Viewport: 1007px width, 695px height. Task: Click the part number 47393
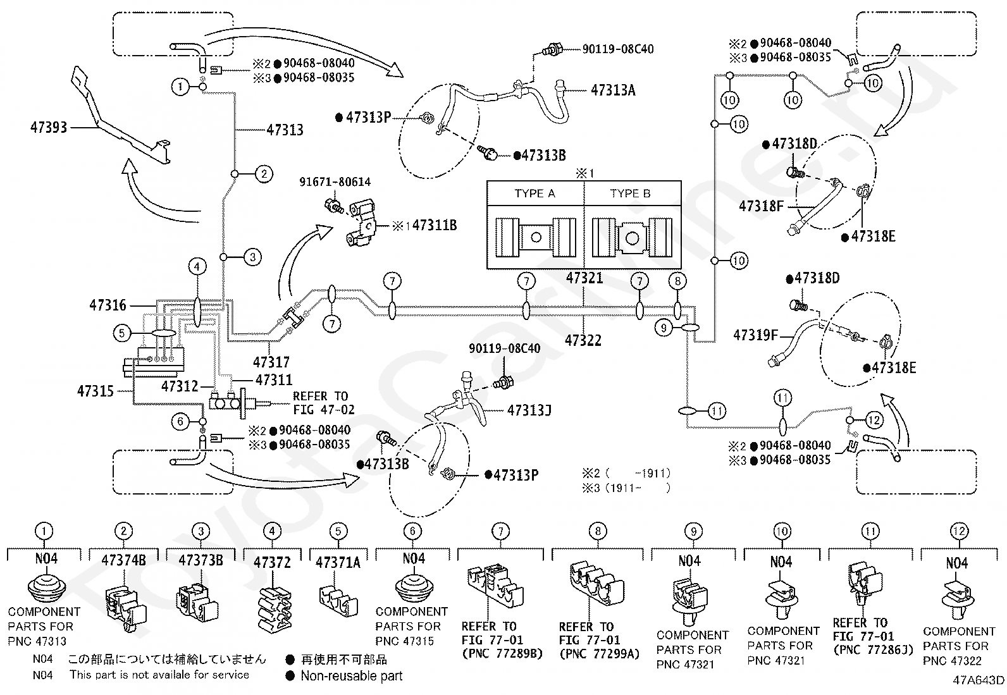(x=49, y=127)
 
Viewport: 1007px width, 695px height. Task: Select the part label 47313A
(x=613, y=90)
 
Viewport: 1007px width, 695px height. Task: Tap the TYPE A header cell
(x=535, y=194)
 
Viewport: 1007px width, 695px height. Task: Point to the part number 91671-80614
(x=335, y=181)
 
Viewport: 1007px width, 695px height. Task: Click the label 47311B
(x=435, y=224)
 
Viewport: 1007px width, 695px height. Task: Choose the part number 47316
(x=108, y=305)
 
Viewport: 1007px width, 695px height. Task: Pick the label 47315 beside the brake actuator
(x=96, y=391)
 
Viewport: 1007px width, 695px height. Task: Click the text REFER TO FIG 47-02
(x=324, y=403)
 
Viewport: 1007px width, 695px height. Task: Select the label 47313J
(x=529, y=410)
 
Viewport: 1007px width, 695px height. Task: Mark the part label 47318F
(x=761, y=206)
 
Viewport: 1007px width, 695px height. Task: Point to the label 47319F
(x=755, y=335)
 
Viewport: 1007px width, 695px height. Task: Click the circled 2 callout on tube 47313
(x=264, y=174)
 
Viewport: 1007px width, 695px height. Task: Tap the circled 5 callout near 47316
(x=122, y=333)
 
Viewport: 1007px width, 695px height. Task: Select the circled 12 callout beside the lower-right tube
(x=874, y=421)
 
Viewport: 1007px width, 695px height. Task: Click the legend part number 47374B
(x=123, y=560)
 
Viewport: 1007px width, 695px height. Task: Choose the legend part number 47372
(x=272, y=562)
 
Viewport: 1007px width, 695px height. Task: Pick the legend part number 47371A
(x=338, y=562)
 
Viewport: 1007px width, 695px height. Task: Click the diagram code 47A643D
(x=979, y=680)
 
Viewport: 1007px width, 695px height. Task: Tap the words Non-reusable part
(x=352, y=675)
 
